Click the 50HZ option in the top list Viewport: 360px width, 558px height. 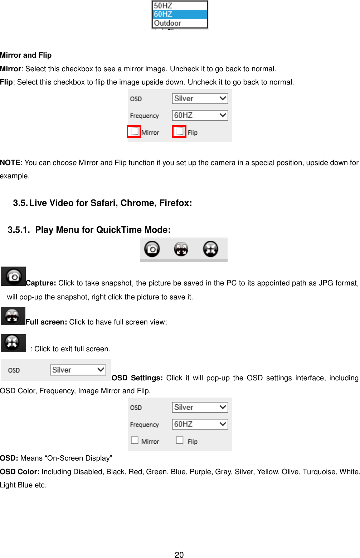163,5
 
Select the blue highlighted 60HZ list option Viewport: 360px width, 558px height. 163,14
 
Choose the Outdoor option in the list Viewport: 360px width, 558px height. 167,23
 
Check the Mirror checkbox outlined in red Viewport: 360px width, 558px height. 134,131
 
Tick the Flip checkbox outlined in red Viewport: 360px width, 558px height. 179,131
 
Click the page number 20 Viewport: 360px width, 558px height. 179,555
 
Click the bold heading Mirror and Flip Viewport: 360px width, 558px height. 26,55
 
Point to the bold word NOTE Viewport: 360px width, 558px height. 10,163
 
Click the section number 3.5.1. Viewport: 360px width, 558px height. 19,230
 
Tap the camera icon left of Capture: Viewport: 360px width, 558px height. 13,276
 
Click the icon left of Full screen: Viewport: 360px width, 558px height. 13,316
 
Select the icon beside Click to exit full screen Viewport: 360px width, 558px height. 13,343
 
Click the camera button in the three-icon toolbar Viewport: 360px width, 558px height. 152,249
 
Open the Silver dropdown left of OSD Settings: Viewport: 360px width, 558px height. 78,370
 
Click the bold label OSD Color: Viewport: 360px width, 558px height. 20,472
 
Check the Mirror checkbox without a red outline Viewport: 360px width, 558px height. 135,440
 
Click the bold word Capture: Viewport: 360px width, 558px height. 41,283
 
